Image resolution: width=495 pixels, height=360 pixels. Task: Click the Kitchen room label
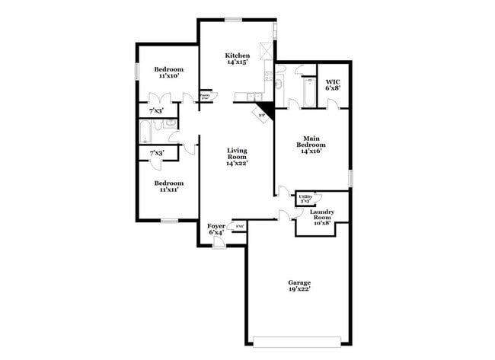pyautogui.click(x=237, y=59)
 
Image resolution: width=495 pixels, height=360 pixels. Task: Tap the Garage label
pyautogui.click(x=299, y=285)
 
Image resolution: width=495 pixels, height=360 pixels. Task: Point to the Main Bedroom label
pyautogui.click(x=311, y=145)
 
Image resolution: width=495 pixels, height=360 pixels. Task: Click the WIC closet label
pyautogui.click(x=333, y=84)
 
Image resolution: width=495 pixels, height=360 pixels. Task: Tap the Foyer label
pyautogui.click(x=216, y=229)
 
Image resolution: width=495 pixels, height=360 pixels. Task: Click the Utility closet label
pyautogui.click(x=305, y=199)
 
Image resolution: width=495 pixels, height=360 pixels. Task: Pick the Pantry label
pyautogui.click(x=205, y=96)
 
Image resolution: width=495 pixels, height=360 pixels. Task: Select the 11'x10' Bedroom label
pyautogui.click(x=168, y=72)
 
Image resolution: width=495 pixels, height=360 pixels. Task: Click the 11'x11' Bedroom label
pyautogui.click(x=168, y=186)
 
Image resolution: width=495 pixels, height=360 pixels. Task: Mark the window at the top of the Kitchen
pyautogui.click(x=233, y=19)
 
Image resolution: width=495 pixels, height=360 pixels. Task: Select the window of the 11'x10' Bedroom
pyautogui.click(x=137, y=70)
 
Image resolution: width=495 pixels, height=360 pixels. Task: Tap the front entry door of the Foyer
pyautogui.click(x=218, y=243)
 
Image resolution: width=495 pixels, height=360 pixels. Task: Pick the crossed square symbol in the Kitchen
pyautogui.click(x=266, y=51)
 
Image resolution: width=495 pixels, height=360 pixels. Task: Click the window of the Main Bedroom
pyautogui.click(x=351, y=177)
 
